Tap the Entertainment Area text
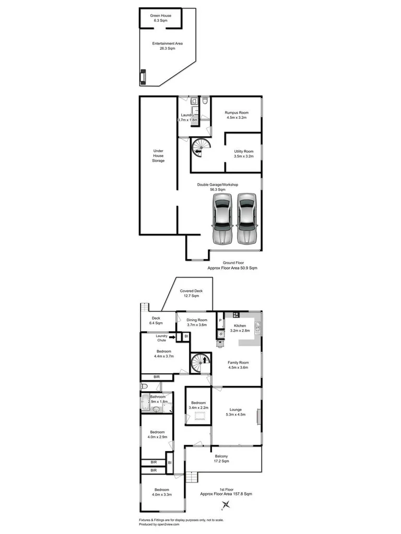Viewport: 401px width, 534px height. click(167, 43)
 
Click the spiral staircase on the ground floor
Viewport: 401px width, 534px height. click(199, 148)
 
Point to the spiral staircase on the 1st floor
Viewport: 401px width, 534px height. click(199, 362)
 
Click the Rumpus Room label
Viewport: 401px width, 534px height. click(236, 113)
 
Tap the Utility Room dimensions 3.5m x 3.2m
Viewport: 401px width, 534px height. click(243, 156)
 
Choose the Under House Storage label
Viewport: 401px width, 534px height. click(158, 155)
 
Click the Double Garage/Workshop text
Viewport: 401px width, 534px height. click(218, 185)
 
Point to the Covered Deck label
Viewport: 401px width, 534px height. click(191, 291)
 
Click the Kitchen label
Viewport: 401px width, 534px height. click(240, 326)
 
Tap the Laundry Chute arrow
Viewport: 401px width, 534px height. click(172, 337)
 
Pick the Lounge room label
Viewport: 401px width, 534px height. click(234, 410)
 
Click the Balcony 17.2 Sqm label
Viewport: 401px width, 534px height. click(221, 456)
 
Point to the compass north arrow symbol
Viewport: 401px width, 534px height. click(226, 504)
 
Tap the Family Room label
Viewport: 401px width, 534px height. click(238, 362)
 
